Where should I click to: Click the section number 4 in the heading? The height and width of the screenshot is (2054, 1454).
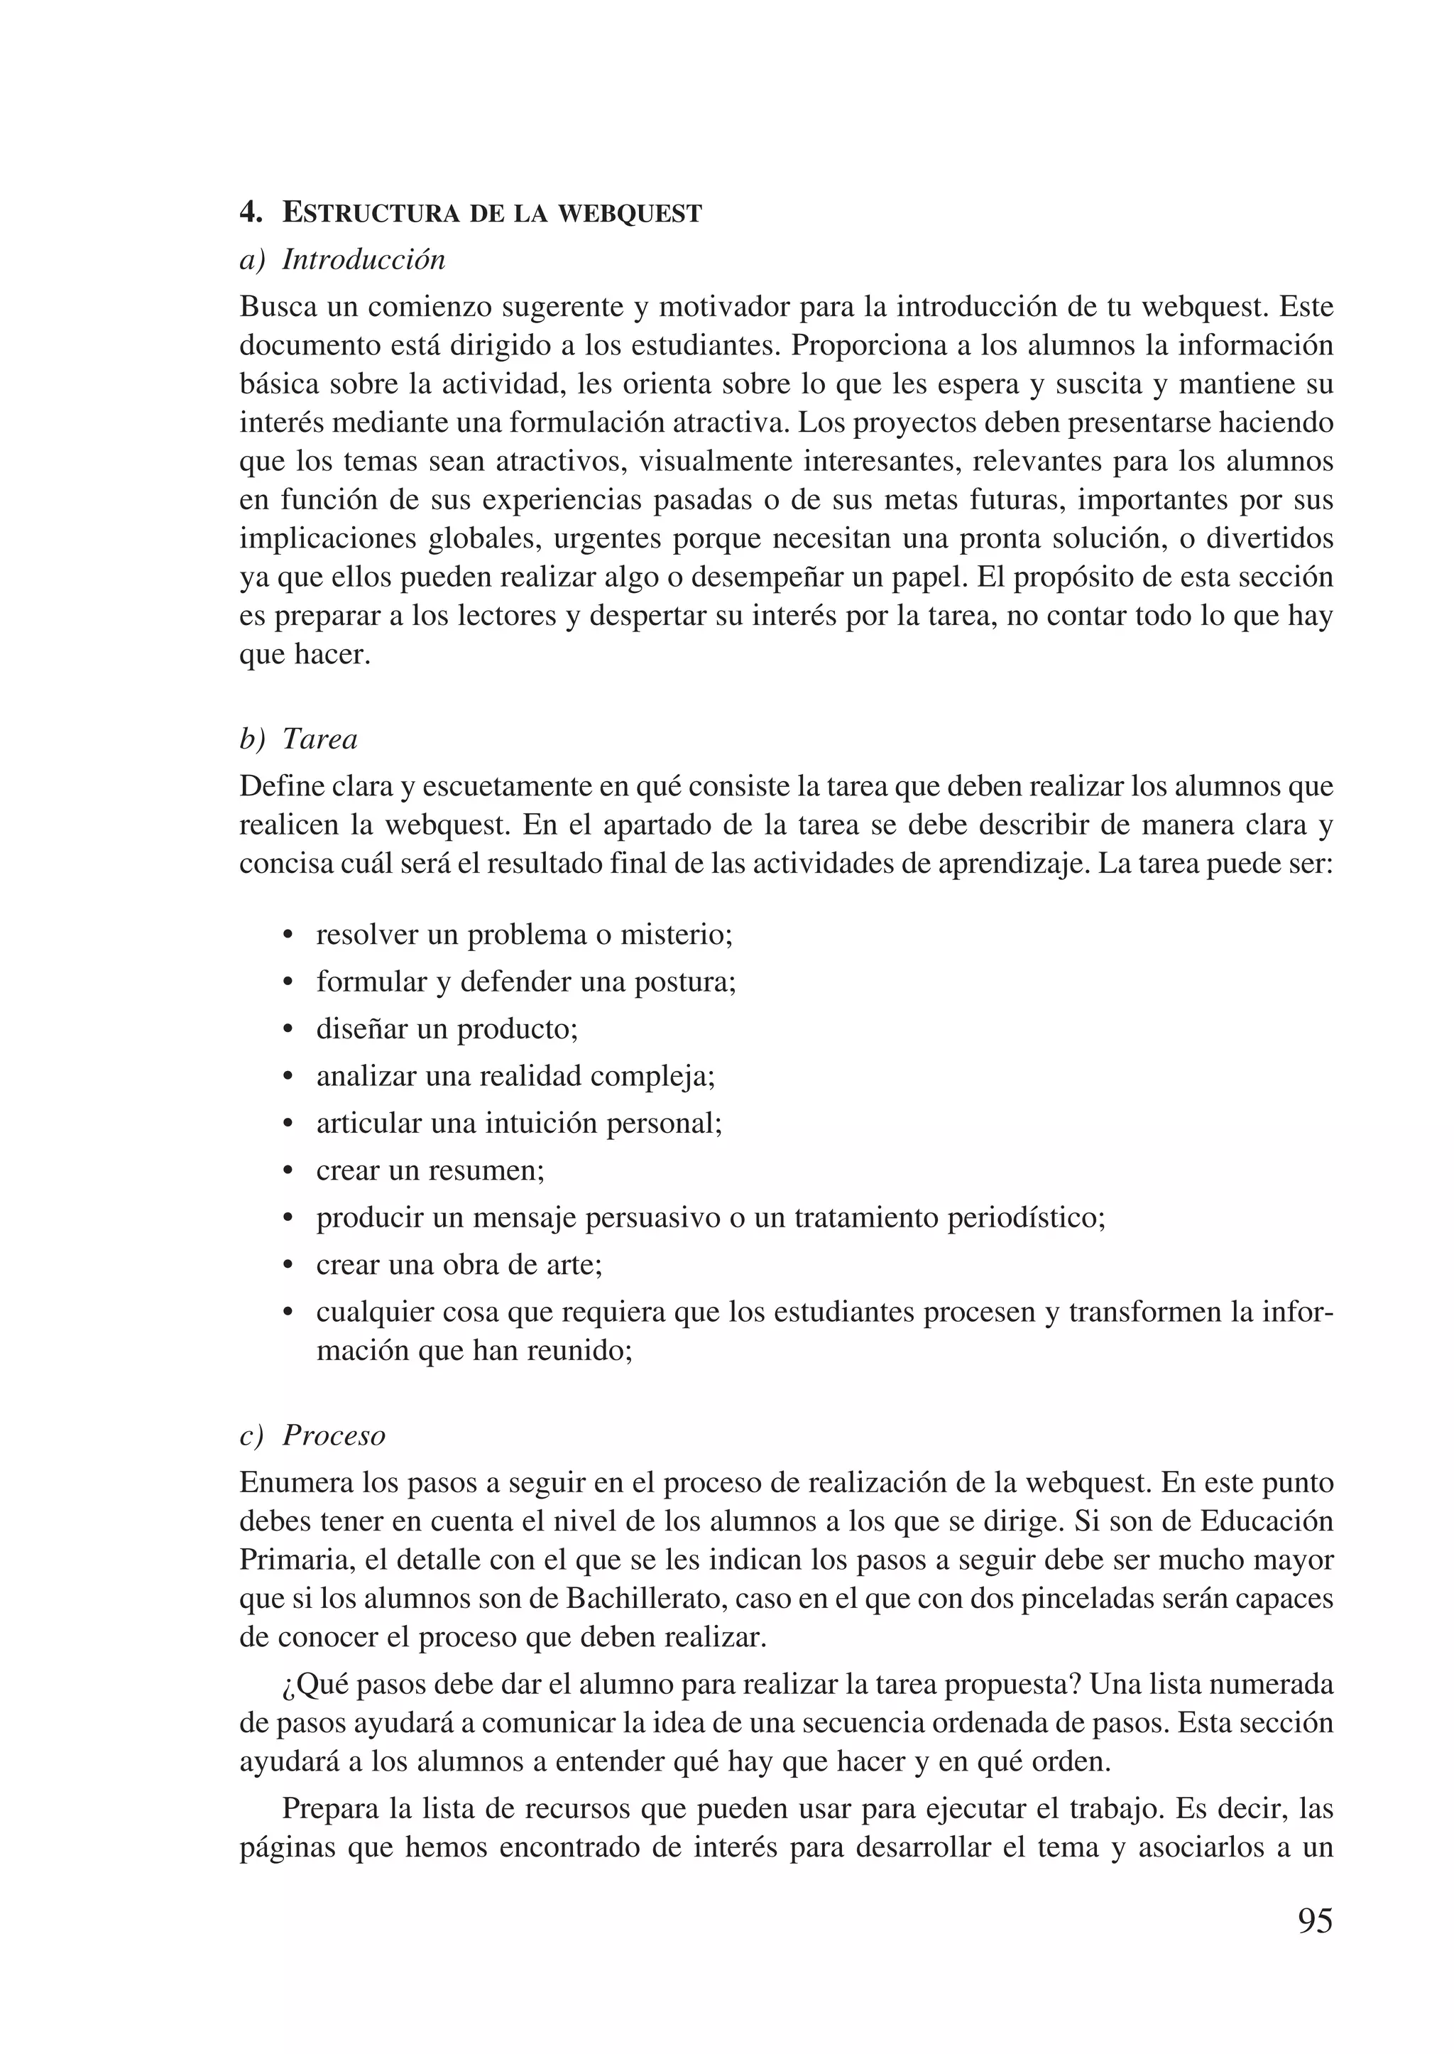(x=250, y=212)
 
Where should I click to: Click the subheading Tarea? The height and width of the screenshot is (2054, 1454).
(x=319, y=739)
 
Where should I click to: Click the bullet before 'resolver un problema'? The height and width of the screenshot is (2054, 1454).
(x=288, y=936)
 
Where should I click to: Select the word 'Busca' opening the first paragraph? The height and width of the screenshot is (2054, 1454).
(x=278, y=308)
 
